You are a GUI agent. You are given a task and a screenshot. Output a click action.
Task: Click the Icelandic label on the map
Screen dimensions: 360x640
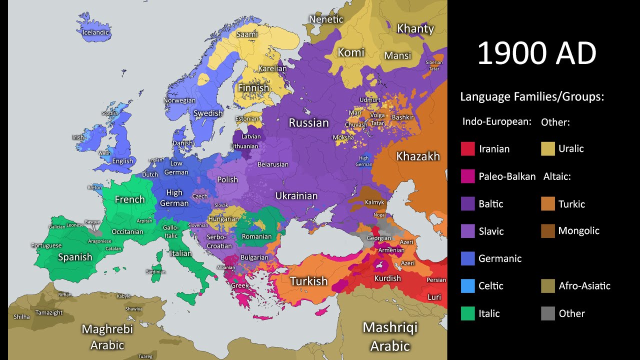pyautogui.click(x=96, y=32)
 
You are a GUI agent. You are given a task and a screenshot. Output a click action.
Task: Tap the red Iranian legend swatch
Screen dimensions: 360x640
pyautogui.click(x=467, y=149)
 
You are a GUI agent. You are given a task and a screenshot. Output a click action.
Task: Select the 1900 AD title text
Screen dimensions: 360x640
pyautogui.click(x=536, y=53)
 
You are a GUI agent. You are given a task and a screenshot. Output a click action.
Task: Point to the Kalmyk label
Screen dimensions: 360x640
pyautogui.click(x=375, y=202)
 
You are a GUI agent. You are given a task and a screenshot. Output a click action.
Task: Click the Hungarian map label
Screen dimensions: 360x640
pyautogui.click(x=224, y=219)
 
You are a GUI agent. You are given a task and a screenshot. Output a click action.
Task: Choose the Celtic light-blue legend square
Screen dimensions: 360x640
pyautogui.click(x=467, y=286)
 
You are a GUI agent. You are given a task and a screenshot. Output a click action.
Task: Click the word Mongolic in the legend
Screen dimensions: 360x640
pyautogui.click(x=578, y=231)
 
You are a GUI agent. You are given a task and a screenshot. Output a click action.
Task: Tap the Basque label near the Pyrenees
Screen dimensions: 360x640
pyautogui.click(x=92, y=221)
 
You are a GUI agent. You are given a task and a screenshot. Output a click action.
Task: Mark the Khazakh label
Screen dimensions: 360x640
pyautogui.click(x=418, y=156)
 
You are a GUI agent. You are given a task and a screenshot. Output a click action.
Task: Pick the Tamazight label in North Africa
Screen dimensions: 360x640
pyautogui.click(x=49, y=312)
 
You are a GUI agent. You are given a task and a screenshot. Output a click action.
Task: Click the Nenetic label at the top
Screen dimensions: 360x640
pyautogui.click(x=326, y=19)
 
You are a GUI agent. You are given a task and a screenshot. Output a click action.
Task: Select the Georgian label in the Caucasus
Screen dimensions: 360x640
pyautogui.click(x=379, y=238)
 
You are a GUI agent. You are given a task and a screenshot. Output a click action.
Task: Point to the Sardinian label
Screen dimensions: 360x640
pyautogui.click(x=155, y=271)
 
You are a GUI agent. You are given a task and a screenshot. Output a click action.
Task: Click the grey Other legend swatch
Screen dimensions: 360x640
pyautogui.click(x=548, y=313)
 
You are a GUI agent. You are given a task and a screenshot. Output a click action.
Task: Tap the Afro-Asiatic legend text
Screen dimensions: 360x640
pyautogui.click(x=584, y=286)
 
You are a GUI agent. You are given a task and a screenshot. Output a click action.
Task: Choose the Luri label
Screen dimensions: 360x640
pyautogui.click(x=434, y=297)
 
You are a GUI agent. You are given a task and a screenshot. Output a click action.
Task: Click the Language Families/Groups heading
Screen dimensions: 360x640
pyautogui.click(x=532, y=97)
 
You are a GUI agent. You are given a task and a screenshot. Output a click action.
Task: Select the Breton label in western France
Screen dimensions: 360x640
pyautogui.click(x=94, y=187)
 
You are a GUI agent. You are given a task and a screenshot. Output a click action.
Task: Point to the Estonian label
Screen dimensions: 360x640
pyautogui.click(x=247, y=119)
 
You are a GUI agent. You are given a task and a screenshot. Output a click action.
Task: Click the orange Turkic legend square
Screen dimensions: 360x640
pyautogui.click(x=548, y=204)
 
